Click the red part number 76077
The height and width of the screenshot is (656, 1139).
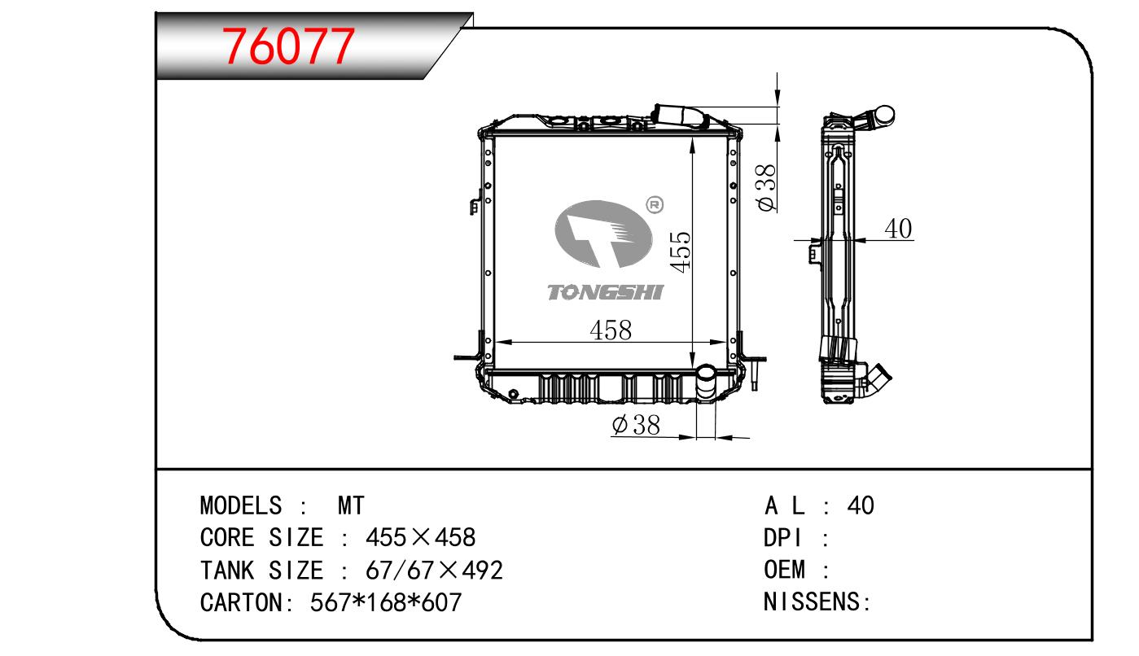pyautogui.click(x=288, y=46)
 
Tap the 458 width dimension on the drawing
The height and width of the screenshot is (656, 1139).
pyautogui.click(x=611, y=330)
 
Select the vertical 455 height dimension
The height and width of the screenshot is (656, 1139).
pyautogui.click(x=680, y=252)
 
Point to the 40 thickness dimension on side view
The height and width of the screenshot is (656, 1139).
pyautogui.click(x=899, y=229)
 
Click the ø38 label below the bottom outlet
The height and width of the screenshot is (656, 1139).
pyautogui.click(x=636, y=425)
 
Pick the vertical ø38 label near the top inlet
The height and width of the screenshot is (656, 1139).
pyautogui.click(x=766, y=187)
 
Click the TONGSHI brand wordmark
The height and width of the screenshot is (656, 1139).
pyautogui.click(x=606, y=293)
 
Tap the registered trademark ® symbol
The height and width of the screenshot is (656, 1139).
pyautogui.click(x=655, y=205)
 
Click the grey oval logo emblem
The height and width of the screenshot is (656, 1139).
pyautogui.click(x=603, y=234)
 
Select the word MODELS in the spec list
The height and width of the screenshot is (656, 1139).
pyautogui.click(x=241, y=505)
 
